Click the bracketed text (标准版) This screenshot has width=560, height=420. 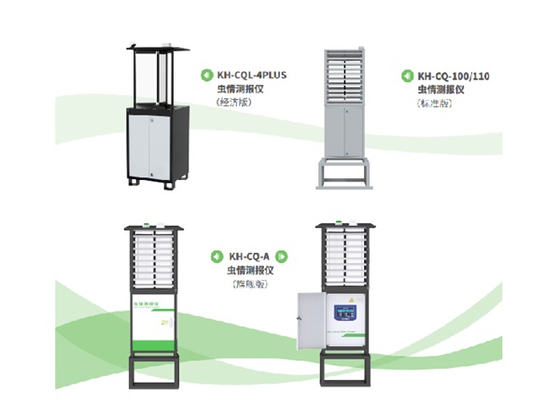[x=435, y=104]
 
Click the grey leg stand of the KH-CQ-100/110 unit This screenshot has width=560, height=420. [x=344, y=175]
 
